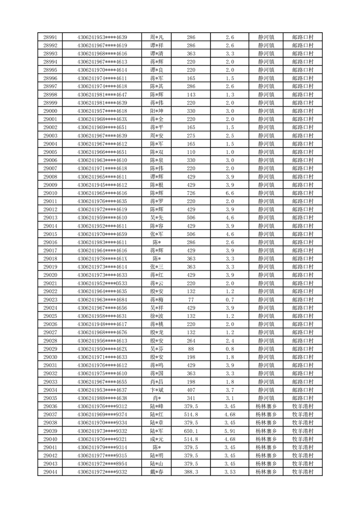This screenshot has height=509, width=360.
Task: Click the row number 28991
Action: [x=50, y=37]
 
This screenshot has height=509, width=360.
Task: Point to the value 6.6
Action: [x=229, y=193]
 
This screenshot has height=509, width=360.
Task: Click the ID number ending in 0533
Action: [x=102, y=283]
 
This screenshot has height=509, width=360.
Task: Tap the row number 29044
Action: [x=50, y=472]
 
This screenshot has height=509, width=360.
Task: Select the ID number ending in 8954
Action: [x=102, y=464]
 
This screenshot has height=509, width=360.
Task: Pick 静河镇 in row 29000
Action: [x=266, y=111]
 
